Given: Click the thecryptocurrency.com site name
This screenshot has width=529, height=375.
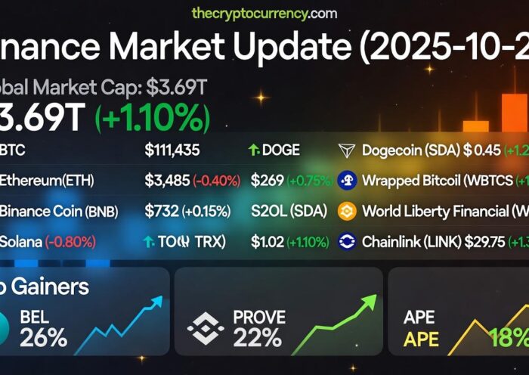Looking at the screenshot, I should click(x=264, y=13).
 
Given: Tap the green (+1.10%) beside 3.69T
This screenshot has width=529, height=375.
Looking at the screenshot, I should click(x=152, y=117).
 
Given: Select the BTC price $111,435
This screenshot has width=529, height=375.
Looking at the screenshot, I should click(x=172, y=150).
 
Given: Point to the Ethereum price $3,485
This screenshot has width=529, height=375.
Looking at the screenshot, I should click(x=166, y=181).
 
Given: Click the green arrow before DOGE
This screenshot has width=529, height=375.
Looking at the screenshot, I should click(x=254, y=150).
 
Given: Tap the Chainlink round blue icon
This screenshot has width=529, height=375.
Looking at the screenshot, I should click(x=347, y=242).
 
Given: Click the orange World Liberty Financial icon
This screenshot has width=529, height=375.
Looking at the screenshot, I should click(x=347, y=211).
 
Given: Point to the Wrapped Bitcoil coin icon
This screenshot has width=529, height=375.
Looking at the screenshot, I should click(x=347, y=181).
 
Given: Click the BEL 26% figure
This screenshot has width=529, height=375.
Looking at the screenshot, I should click(x=44, y=336).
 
